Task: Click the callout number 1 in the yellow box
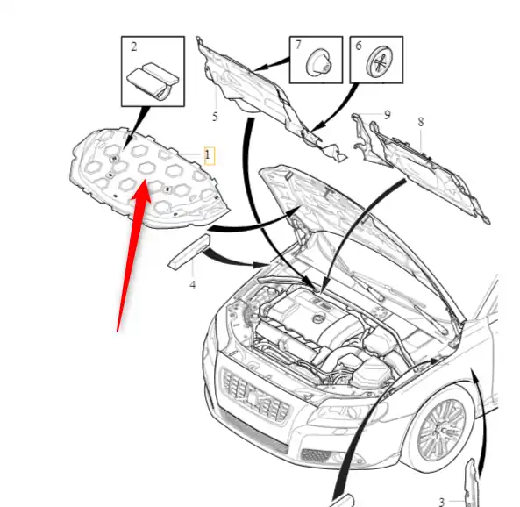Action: tap(208, 155)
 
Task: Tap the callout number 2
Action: tap(133, 46)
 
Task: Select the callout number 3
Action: tap(441, 502)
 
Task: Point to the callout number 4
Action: tap(193, 285)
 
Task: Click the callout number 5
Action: tap(215, 117)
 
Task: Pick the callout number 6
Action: tap(359, 46)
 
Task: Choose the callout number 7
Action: tap(298, 45)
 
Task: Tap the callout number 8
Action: tap(421, 122)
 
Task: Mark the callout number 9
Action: tap(387, 115)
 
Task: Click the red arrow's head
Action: tap(142, 193)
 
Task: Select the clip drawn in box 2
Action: tap(153, 80)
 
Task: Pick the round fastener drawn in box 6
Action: tap(380, 61)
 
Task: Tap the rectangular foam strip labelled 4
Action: tap(189, 251)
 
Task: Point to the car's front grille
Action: tap(256, 396)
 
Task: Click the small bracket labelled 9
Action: tap(369, 139)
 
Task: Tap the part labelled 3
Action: tap(472, 482)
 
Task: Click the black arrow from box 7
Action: tap(272, 64)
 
